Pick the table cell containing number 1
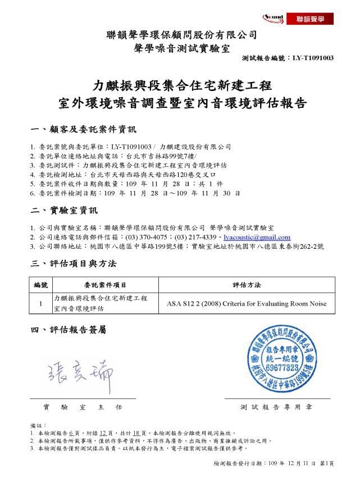pos(42,304)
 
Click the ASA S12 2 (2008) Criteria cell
pos(247,304)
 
